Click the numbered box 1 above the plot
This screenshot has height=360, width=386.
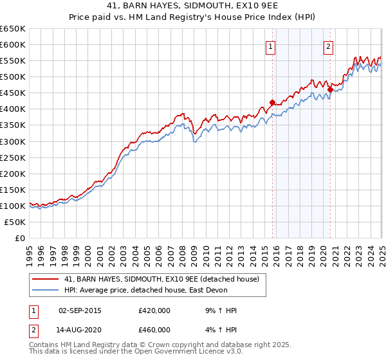point(270,46)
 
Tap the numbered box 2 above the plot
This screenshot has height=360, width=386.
point(328,46)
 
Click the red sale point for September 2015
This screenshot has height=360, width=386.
point(272,102)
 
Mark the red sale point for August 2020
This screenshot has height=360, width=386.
point(330,89)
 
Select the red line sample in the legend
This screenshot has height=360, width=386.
point(46,279)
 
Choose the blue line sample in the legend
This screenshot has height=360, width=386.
point(46,290)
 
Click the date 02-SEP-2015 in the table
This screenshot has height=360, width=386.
point(80,310)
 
